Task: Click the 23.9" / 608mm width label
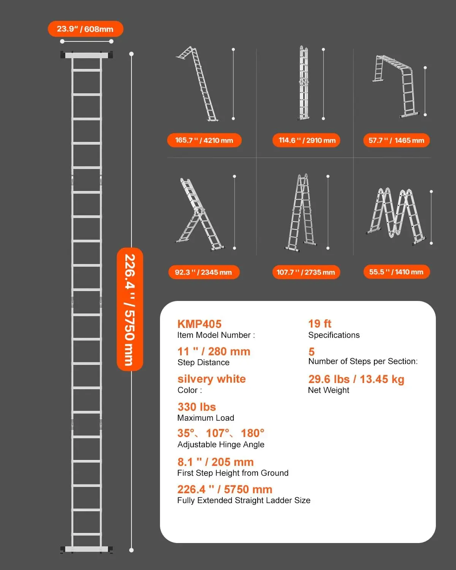click(x=85, y=29)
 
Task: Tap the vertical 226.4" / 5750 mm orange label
click(x=130, y=309)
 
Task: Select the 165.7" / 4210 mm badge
click(x=204, y=140)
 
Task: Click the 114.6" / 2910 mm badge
click(x=307, y=140)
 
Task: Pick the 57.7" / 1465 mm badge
click(x=396, y=140)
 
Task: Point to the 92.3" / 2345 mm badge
click(x=204, y=272)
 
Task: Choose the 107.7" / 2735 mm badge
click(x=306, y=272)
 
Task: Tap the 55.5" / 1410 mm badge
click(x=396, y=272)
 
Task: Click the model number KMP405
click(x=199, y=324)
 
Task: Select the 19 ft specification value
click(x=320, y=324)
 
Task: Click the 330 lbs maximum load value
click(x=196, y=407)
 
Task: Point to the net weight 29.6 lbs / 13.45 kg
click(x=356, y=379)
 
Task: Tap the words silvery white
click(x=212, y=379)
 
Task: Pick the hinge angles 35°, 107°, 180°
click(x=221, y=433)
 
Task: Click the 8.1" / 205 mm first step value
click(x=215, y=462)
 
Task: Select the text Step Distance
click(x=203, y=363)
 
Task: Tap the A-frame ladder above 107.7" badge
click(x=301, y=213)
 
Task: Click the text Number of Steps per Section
click(x=363, y=361)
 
